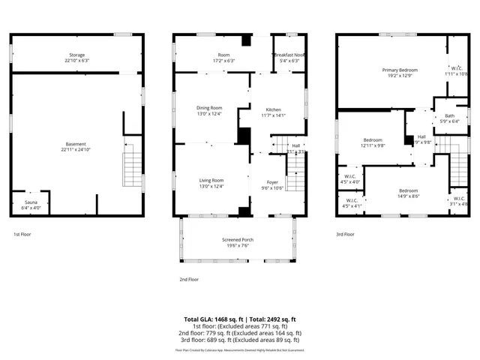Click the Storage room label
pos(77,55)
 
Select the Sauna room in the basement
pos(29,203)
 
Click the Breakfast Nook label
pos(289,55)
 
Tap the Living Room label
pos(211,181)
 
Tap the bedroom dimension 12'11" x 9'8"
pos(373,146)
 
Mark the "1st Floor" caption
pos(22,234)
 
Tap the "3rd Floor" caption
pos(346,234)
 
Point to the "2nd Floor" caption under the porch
pos(188,279)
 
